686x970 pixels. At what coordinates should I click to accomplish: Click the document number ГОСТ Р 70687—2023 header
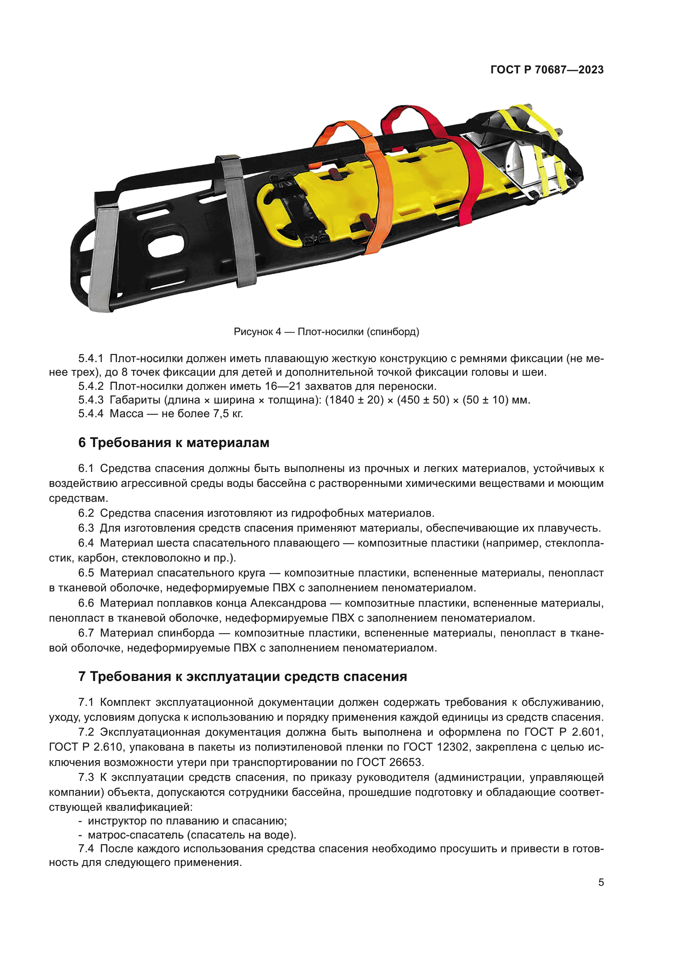[547, 70]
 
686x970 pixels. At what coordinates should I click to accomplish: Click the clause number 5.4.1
[90, 359]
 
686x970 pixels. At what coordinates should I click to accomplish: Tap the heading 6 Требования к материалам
[174, 443]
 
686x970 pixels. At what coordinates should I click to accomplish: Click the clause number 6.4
[86, 543]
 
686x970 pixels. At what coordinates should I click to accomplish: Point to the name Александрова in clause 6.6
[288, 603]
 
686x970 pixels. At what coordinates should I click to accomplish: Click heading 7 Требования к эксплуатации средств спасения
[243, 676]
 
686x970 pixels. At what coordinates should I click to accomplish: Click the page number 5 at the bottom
[601, 882]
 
